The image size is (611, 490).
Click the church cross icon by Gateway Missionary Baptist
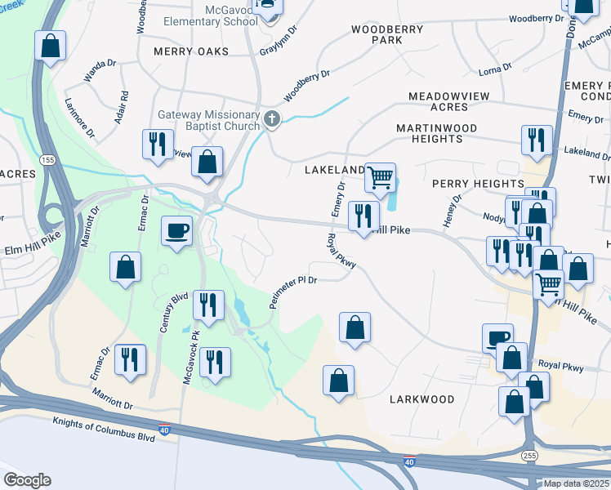tap(273, 120)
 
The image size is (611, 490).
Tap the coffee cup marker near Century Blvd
tap(176, 231)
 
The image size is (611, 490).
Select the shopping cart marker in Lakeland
tap(380, 176)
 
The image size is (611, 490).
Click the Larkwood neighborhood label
tap(422, 399)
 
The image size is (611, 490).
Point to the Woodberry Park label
tap(376, 34)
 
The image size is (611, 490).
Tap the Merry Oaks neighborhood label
tap(190, 51)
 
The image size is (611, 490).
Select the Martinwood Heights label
tap(443, 134)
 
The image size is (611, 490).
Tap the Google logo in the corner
tap(27, 479)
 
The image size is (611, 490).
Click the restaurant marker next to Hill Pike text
tap(363, 216)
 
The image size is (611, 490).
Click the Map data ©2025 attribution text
tap(576, 483)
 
